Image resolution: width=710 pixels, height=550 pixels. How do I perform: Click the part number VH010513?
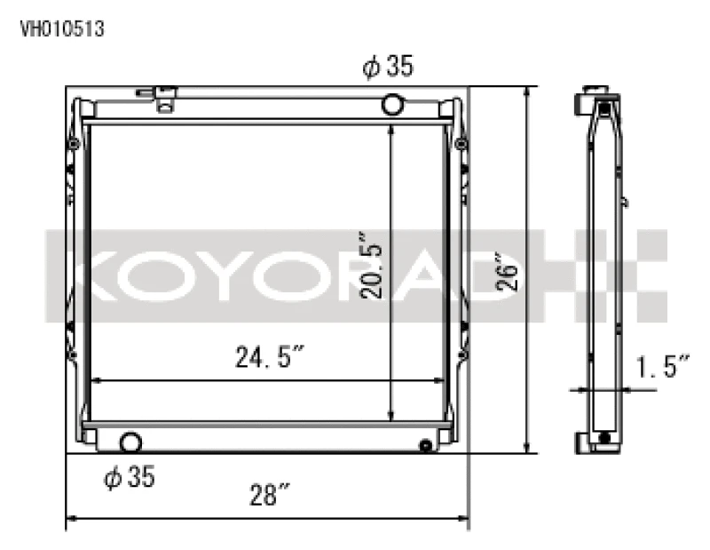[62, 28]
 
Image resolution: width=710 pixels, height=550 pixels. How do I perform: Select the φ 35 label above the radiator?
[388, 67]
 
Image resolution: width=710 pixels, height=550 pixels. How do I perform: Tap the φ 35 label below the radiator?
[130, 477]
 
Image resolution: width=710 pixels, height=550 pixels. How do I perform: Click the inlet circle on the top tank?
[392, 105]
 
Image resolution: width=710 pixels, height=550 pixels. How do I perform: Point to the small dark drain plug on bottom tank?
[426, 445]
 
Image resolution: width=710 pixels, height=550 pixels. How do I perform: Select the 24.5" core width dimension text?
[269, 358]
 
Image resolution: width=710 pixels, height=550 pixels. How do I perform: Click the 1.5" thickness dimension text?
[662, 365]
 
